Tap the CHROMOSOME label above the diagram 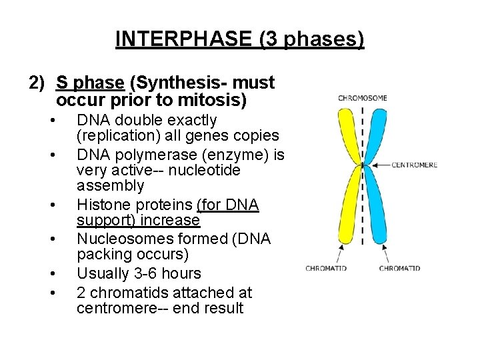click(x=363, y=98)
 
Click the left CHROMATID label click(x=326, y=269)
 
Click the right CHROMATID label click(x=399, y=269)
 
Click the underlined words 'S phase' click(x=90, y=83)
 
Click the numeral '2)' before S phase click(x=37, y=83)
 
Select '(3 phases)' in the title click(x=312, y=39)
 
